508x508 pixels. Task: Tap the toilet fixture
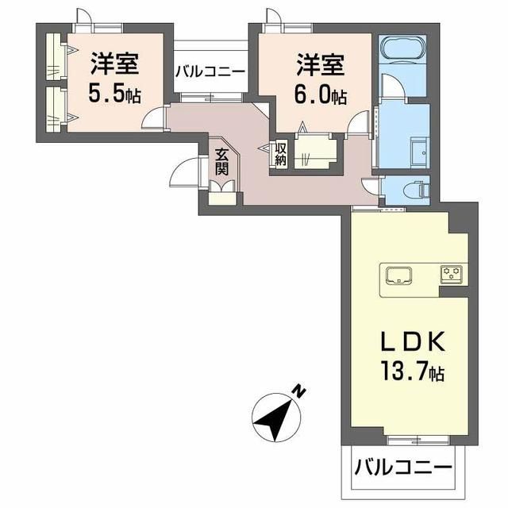click(x=414, y=189)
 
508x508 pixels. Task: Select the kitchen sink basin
click(x=397, y=275)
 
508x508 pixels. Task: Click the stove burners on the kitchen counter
click(x=454, y=275)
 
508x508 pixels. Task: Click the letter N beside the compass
click(x=299, y=390)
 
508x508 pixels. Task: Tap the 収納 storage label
click(x=280, y=153)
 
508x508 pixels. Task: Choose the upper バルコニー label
click(x=210, y=71)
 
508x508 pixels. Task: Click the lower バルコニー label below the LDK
click(x=402, y=467)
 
